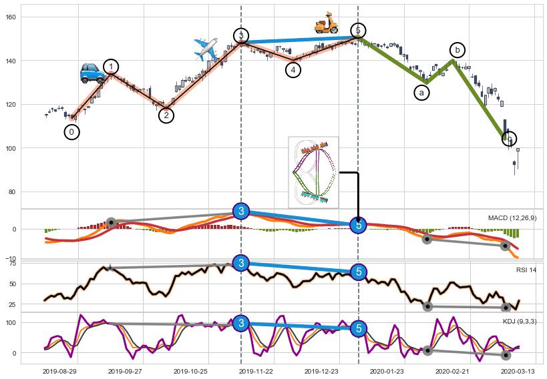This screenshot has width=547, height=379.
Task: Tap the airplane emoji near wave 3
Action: tap(206, 49)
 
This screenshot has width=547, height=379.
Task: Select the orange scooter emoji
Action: tap(327, 23)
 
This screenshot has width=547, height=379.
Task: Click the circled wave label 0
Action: tap(72, 132)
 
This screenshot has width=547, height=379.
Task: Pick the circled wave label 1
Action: tap(111, 67)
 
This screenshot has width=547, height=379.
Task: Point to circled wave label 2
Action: tap(166, 115)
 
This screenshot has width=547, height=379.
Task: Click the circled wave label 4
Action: tap(293, 69)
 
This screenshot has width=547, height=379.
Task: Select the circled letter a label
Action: tap(421, 93)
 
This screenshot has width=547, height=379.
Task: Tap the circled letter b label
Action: tap(458, 50)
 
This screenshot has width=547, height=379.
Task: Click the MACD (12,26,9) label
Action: tap(512, 218)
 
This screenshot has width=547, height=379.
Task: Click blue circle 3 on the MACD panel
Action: tap(242, 211)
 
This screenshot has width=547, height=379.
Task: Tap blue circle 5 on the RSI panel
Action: tap(359, 272)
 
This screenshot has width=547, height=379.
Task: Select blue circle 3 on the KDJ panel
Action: tap(242, 324)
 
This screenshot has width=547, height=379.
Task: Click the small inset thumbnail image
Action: tap(313, 172)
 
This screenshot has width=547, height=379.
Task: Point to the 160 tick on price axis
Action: tap(11, 17)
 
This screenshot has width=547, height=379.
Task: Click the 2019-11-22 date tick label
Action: tap(256, 370)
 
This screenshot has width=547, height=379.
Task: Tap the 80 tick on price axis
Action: tap(13, 192)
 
